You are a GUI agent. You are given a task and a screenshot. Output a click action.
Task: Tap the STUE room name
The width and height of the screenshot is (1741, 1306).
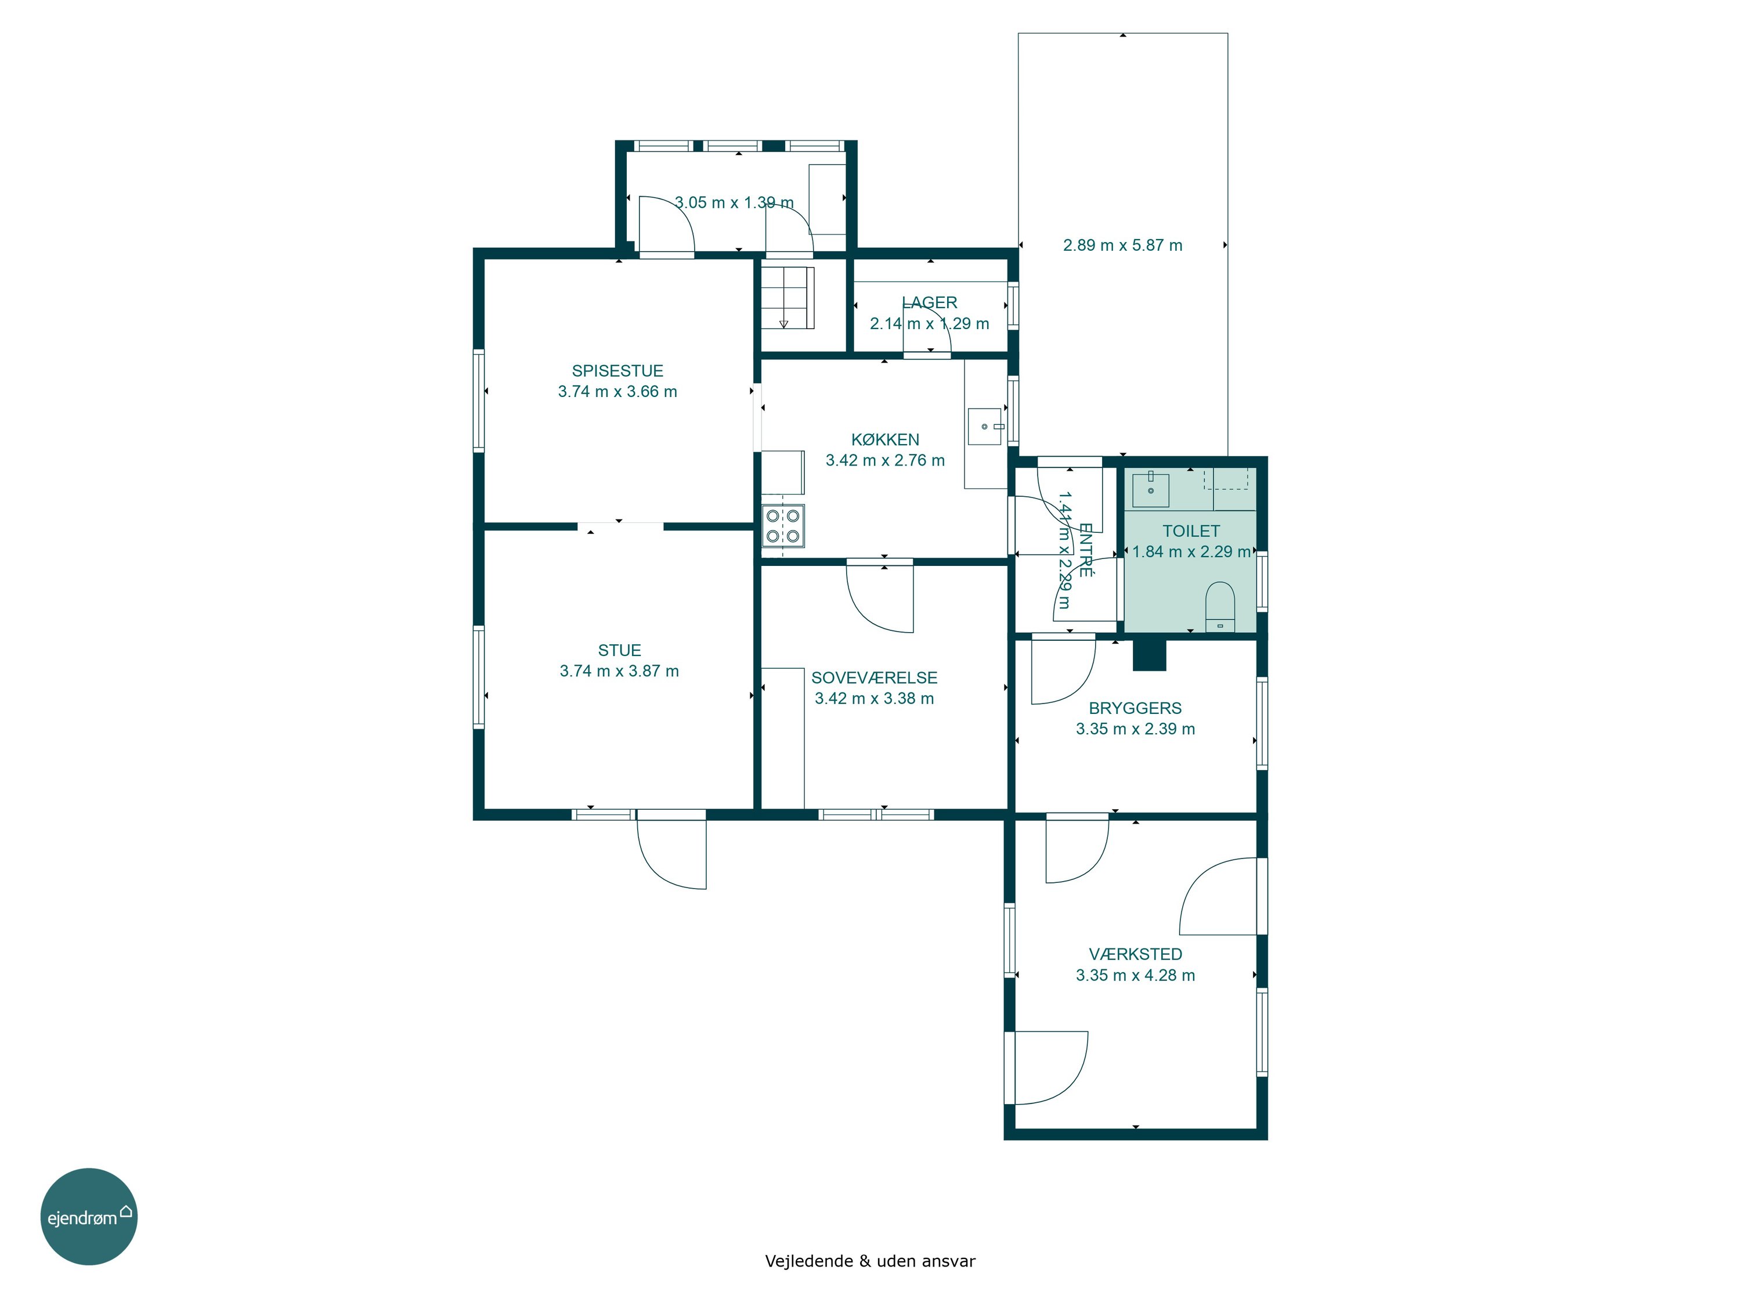point(619,650)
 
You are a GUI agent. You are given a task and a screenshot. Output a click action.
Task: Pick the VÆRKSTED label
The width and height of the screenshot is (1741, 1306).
point(1135,955)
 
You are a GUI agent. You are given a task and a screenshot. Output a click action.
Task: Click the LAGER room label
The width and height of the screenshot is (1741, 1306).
point(930,303)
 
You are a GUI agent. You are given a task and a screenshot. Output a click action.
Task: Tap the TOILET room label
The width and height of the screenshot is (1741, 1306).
point(1191,531)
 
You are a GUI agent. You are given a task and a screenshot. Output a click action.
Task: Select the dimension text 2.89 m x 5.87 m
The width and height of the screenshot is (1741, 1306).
point(1122,246)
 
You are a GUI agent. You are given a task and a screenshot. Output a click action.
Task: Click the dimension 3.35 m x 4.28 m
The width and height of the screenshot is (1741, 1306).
point(1135,975)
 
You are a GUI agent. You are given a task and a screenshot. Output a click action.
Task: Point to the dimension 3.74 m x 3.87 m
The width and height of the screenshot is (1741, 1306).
point(619,672)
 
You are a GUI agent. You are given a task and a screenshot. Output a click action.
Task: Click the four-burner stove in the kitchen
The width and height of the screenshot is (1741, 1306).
point(783,526)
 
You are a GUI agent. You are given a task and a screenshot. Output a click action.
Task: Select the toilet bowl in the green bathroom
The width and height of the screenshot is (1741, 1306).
point(1220,606)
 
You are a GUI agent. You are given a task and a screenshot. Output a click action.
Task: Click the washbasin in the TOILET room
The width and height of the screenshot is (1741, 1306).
point(1151,488)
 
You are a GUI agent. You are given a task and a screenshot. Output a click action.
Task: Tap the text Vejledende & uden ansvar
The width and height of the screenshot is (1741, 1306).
point(870,1261)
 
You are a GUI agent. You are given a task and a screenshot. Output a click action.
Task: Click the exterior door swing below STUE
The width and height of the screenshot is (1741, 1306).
point(671,854)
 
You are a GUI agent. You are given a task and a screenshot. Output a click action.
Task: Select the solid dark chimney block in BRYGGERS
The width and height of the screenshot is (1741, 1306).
point(1149,655)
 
